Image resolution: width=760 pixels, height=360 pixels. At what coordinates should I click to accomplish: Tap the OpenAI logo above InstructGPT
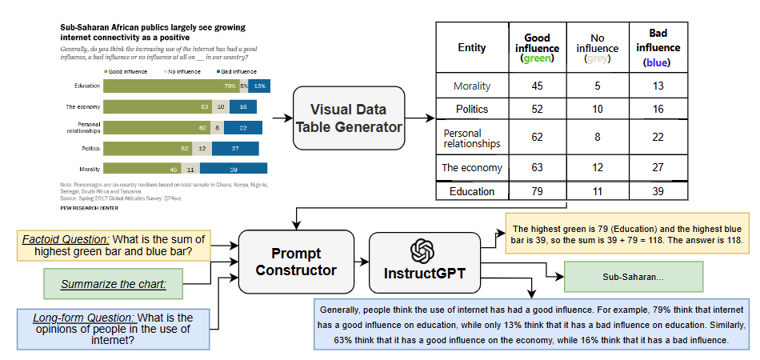pyautogui.click(x=421, y=250)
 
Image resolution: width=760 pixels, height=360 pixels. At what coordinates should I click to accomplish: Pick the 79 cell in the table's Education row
pyautogui.click(x=537, y=192)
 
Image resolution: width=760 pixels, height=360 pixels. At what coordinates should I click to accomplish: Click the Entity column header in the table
pyautogui.click(x=471, y=48)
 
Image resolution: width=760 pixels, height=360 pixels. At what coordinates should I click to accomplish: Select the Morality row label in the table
pyautogui.click(x=471, y=86)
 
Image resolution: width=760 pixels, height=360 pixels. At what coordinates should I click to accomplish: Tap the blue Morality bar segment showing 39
pyautogui.click(x=233, y=168)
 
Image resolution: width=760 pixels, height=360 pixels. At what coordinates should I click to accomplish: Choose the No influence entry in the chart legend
pyautogui.click(x=183, y=71)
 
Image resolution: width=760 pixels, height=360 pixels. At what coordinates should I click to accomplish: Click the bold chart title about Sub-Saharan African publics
pyautogui.click(x=152, y=32)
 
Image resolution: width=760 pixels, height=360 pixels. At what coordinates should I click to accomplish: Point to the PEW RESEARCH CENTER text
pyautogui.click(x=90, y=206)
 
